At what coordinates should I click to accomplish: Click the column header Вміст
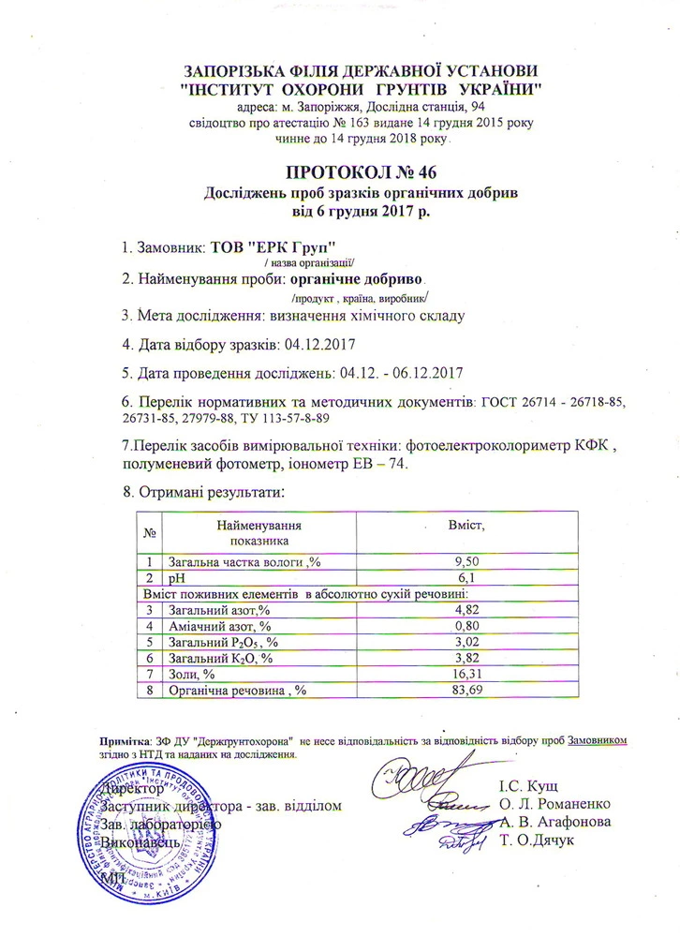point(465,525)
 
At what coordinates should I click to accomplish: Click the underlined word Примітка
point(125,739)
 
